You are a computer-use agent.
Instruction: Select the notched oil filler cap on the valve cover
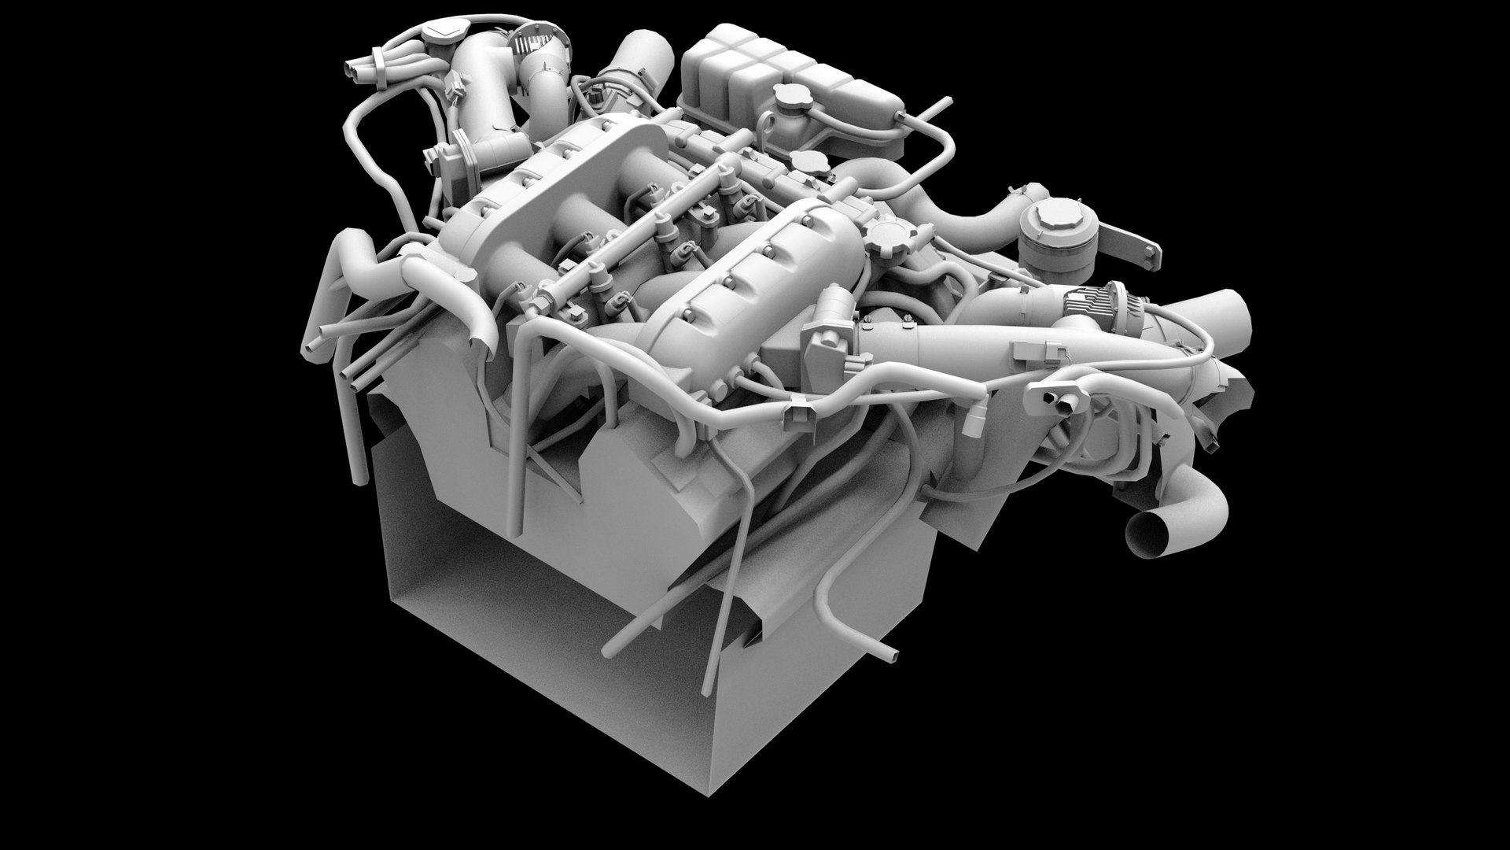coord(886,234)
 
